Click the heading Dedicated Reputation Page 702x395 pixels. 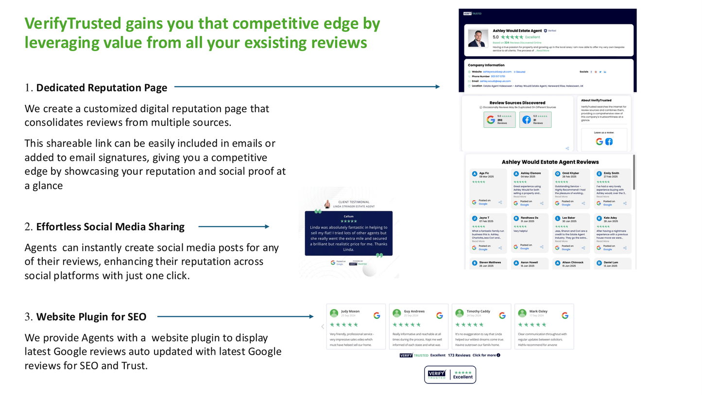pos(102,88)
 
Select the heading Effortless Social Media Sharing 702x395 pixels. pos(110,227)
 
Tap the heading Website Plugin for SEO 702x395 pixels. pos(91,317)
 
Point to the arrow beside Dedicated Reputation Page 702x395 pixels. pos(307,87)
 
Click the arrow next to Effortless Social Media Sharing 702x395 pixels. pos(234,226)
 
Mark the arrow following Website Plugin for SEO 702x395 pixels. pos(235,317)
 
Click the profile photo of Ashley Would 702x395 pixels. pos(478,38)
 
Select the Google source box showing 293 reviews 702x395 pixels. pos(499,120)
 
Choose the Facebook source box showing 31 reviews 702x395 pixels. pos(535,120)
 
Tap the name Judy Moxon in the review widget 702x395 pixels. pos(350,311)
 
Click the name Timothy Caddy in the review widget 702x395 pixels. pos(478,311)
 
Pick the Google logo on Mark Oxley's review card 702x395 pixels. pos(565,315)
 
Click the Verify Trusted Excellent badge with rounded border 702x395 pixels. pos(450,375)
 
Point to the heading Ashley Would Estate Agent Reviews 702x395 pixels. pos(550,162)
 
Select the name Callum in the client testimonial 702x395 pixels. pos(348,216)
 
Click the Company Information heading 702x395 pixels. pos(486,65)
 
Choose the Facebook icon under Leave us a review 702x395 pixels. pos(609,141)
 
